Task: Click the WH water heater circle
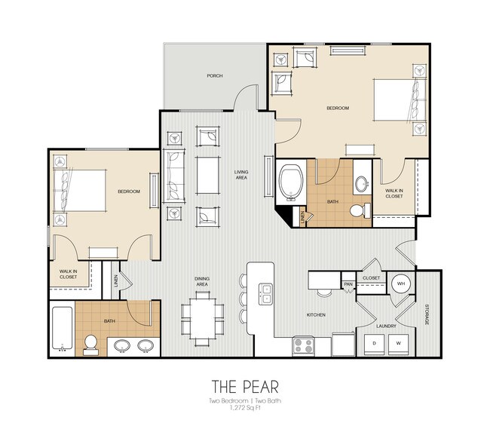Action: pos(401,284)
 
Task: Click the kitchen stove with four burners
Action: pos(304,346)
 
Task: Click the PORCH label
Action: pos(215,76)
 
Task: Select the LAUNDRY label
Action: pos(387,326)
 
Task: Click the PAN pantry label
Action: pos(348,284)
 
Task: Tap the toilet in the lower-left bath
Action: pos(90,343)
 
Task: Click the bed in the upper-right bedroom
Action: pos(396,102)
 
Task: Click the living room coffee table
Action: pos(206,173)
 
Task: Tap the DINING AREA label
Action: pos(201,282)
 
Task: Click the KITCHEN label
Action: pos(316,314)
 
